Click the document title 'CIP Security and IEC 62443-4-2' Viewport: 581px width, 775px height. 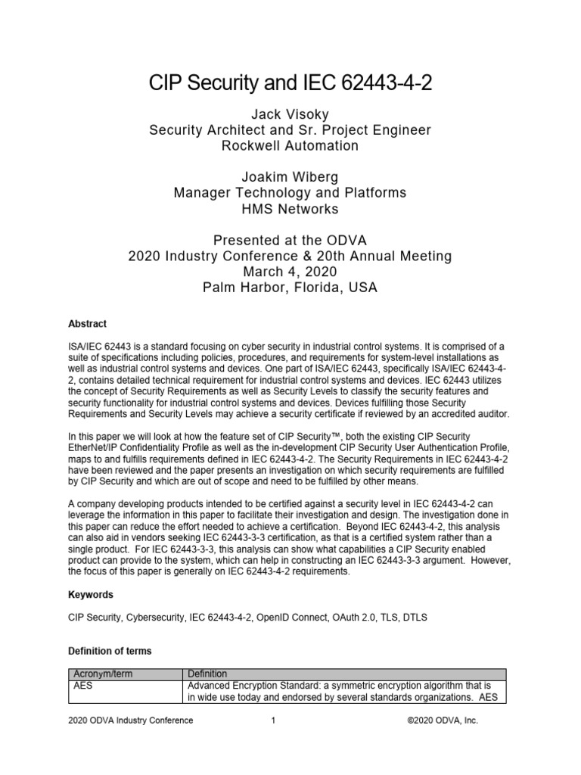click(290, 83)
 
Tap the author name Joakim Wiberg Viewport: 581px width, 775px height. click(290, 176)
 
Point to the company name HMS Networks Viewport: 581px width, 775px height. click(290, 208)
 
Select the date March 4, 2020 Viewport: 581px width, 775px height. click(290, 272)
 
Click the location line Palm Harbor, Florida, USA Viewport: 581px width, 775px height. click(290, 288)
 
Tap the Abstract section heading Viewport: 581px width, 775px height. click(87, 323)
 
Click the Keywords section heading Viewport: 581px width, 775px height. click(91, 595)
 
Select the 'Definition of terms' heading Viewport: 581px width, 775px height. click(110, 651)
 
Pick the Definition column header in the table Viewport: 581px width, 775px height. click(207, 674)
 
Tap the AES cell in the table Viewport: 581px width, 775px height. click(82, 685)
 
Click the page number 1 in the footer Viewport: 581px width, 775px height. click(272, 721)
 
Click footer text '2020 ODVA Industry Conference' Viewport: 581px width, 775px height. click(131, 721)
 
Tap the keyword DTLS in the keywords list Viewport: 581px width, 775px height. click(415, 618)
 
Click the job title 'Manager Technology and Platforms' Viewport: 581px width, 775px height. click(290, 192)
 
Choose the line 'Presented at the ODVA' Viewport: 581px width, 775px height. click(290, 240)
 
